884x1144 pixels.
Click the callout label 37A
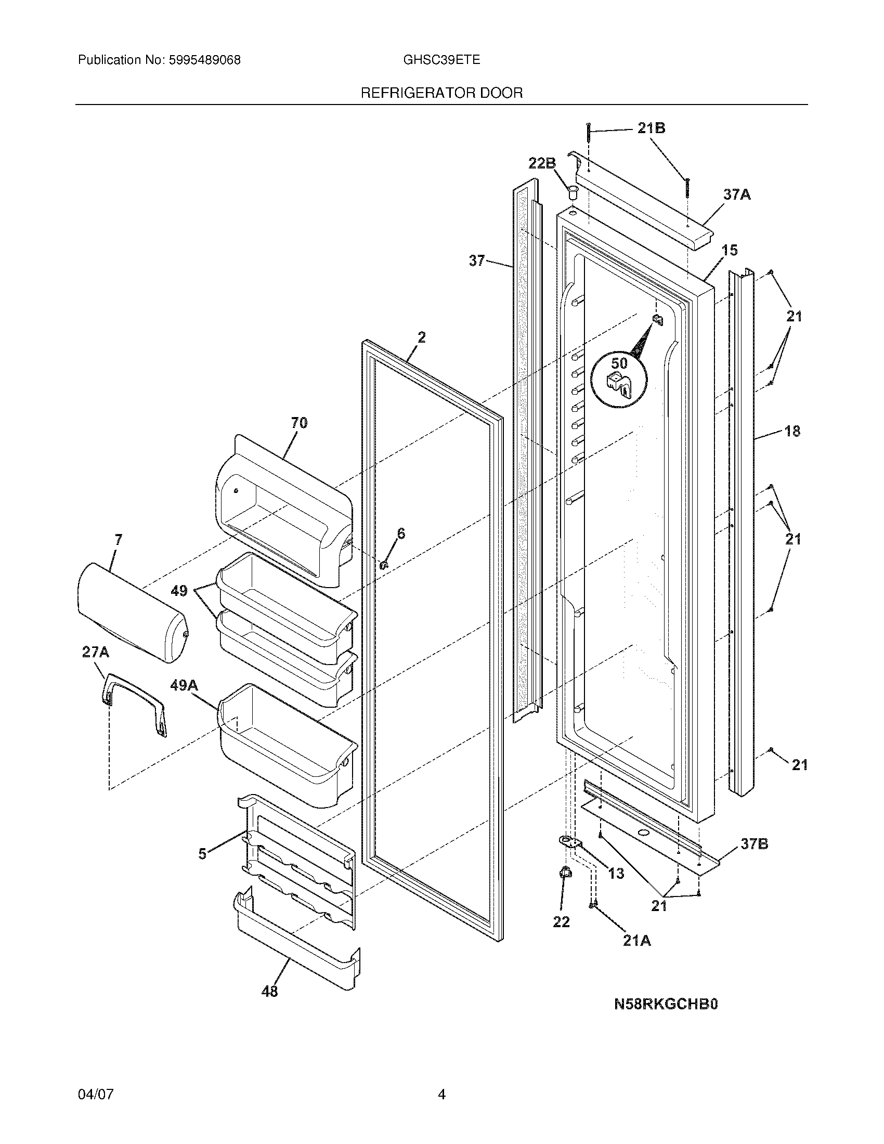(x=737, y=195)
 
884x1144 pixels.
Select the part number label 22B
(x=541, y=163)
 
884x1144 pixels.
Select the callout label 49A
(x=184, y=685)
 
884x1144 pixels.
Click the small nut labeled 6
(x=383, y=565)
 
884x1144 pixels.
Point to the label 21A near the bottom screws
(x=637, y=941)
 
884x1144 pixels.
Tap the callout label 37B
(x=754, y=844)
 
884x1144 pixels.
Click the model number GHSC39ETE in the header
(x=441, y=60)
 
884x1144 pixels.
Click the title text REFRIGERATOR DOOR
(x=441, y=93)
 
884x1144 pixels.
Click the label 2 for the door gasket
(x=422, y=337)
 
